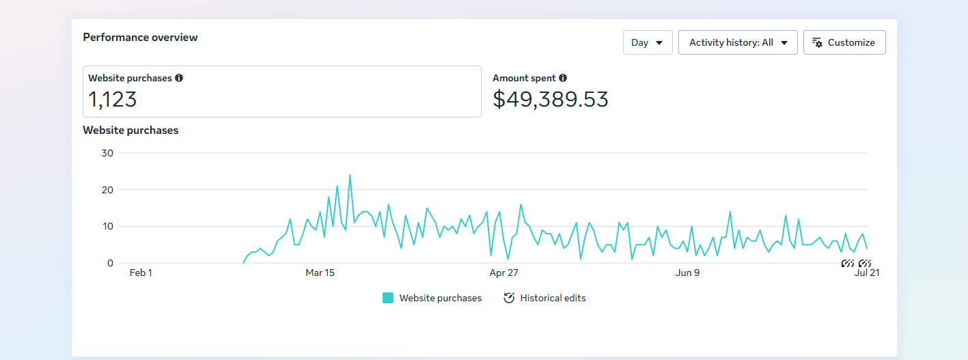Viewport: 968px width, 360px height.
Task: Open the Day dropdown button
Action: coord(648,42)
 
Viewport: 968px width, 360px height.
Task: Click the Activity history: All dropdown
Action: coord(738,42)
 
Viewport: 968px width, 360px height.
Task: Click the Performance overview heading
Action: coord(140,38)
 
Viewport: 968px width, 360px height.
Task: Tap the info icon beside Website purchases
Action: coord(179,78)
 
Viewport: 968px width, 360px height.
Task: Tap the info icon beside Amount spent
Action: coord(563,78)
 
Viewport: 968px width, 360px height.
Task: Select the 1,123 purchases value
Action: coord(112,100)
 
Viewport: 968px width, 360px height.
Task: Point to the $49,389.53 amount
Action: coord(551,100)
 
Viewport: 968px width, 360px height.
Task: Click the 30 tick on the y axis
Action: coord(107,153)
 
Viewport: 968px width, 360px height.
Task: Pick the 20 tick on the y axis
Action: coord(107,190)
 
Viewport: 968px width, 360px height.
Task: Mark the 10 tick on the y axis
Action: coord(108,226)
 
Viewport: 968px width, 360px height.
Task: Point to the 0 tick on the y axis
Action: coord(110,263)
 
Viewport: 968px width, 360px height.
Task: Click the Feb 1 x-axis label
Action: coord(141,273)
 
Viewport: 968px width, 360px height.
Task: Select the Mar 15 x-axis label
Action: coord(320,273)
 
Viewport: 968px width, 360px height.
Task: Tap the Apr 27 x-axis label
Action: coord(504,273)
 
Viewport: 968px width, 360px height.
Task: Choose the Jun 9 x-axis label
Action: coord(687,273)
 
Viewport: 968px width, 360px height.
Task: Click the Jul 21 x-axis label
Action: coord(867,273)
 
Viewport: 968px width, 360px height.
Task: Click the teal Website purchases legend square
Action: coord(388,298)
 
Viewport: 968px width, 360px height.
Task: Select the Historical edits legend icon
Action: coord(509,298)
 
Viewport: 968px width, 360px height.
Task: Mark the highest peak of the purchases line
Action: coord(350,175)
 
